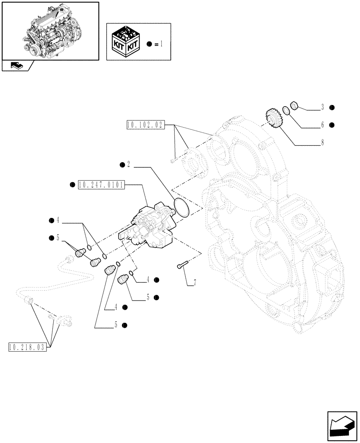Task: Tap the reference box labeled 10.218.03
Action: [x=27, y=347]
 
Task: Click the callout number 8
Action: [x=323, y=143]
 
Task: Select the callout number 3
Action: [x=323, y=107]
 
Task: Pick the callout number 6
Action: [x=323, y=125]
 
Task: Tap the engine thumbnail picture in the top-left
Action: [x=50, y=30]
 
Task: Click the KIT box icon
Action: [x=125, y=41]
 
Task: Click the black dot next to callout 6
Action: [x=332, y=125]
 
